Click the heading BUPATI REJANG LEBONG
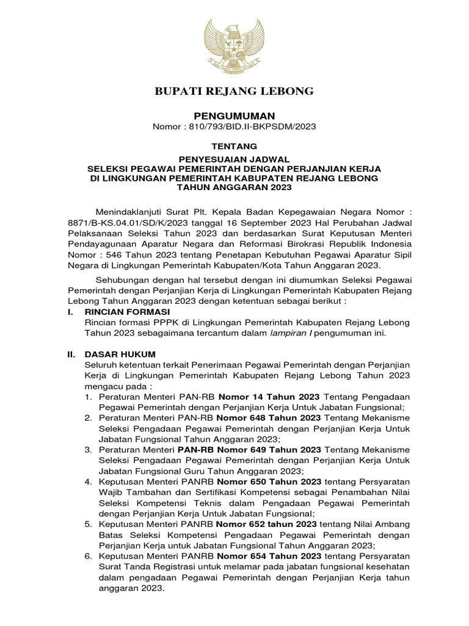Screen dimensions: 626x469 pyautogui.click(x=234, y=91)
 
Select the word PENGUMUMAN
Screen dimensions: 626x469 pyautogui.click(x=234, y=116)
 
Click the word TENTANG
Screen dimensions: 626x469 pyautogui.click(x=234, y=146)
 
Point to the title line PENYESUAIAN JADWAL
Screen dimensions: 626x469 pyautogui.click(x=234, y=159)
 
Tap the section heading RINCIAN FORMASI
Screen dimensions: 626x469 pyautogui.click(x=123, y=312)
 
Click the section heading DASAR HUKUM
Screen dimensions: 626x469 pyautogui.click(x=120, y=355)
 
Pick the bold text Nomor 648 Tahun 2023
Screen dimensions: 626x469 pyautogui.click(x=269, y=418)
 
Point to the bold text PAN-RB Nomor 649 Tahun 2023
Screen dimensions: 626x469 pyautogui.click(x=250, y=449)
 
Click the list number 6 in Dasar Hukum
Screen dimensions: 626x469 pyautogui.click(x=89, y=556)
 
